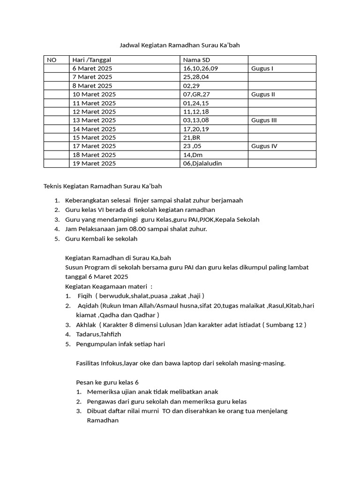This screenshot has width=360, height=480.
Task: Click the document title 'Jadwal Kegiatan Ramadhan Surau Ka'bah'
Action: click(x=180, y=45)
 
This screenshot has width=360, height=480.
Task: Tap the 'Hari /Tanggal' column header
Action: click(x=91, y=60)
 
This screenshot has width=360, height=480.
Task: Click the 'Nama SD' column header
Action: click(x=197, y=60)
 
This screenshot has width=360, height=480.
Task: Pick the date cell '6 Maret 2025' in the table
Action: click(x=92, y=68)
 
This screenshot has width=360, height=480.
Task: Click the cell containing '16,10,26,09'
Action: click(x=201, y=68)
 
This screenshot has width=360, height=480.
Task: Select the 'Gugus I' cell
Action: click(x=262, y=68)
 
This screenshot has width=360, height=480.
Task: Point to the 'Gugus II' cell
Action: click(x=263, y=94)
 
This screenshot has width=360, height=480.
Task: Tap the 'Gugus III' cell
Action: click(x=264, y=120)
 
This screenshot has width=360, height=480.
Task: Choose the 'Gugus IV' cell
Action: click(x=264, y=146)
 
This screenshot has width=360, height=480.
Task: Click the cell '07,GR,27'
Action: click(x=197, y=94)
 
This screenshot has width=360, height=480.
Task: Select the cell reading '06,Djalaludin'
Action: click(x=202, y=163)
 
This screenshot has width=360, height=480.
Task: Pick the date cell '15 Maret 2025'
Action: click(x=94, y=137)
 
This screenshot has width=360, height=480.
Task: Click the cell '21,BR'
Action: click(x=192, y=137)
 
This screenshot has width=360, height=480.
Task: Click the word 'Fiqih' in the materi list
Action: click(x=85, y=295)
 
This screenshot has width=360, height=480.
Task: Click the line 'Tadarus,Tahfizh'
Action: click(x=98, y=334)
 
